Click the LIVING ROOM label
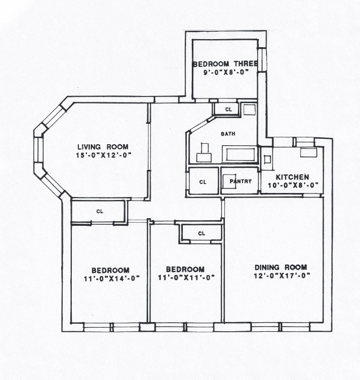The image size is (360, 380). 103,147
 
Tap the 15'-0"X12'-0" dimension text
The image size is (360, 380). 103,155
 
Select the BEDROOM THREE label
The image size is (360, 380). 225,64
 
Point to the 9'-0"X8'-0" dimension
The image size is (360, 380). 226,72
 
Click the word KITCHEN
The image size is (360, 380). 292,177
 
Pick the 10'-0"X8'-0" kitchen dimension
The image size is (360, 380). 293,185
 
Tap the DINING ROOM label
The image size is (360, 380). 281,267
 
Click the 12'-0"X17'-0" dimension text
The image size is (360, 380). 282,276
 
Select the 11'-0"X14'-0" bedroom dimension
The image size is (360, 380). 112,278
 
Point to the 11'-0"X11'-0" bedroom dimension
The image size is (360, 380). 186,277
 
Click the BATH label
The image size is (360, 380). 228,134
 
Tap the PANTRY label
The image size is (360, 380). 241,181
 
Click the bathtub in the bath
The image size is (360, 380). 239,154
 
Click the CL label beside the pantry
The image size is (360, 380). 203,182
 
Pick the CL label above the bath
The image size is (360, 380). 228,110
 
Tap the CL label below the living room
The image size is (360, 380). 100,211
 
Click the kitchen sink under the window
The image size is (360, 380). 309,152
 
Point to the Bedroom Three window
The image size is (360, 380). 262,60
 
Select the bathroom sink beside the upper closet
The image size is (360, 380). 250,110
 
